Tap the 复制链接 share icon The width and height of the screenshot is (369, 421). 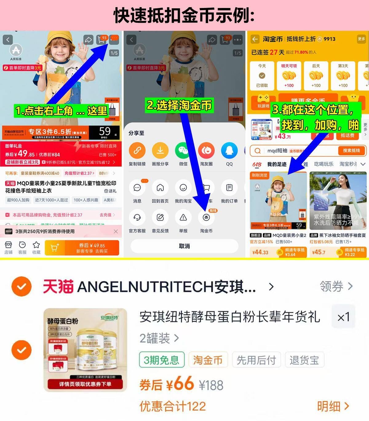[137, 151]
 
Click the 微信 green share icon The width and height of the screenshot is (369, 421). [183, 151]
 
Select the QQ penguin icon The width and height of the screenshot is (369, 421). [229, 151]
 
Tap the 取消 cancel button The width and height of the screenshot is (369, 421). [184, 246]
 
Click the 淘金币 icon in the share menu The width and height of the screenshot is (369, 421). [206, 218]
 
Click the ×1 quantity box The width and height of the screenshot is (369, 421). [343, 317]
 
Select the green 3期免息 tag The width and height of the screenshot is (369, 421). [162, 360]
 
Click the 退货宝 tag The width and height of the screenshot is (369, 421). [304, 360]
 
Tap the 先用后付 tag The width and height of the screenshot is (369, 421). [256, 360]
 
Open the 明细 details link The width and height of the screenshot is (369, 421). [333, 406]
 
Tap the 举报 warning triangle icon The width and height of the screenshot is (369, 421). [183, 218]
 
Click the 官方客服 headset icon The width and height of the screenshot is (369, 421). [137, 218]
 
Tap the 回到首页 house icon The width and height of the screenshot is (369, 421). [160, 188]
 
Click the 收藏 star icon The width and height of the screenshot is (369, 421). [36, 245]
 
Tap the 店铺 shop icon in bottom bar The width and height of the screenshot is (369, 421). [8, 245]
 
